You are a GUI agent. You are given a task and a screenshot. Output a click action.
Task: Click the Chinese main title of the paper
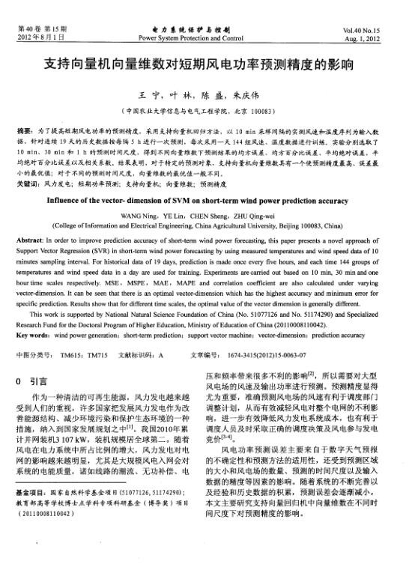click(x=204, y=64)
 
